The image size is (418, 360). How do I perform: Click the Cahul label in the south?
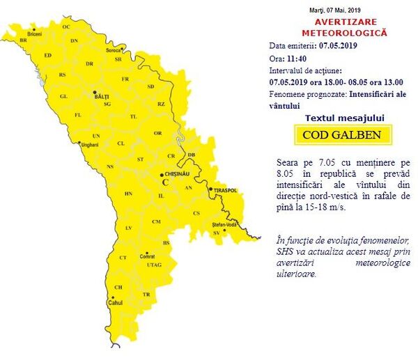(x=116, y=304)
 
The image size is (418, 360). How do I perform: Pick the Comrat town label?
(x=147, y=256)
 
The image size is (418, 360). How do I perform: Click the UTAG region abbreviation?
(x=155, y=265)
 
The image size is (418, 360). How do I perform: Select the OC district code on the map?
(x=66, y=26)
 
